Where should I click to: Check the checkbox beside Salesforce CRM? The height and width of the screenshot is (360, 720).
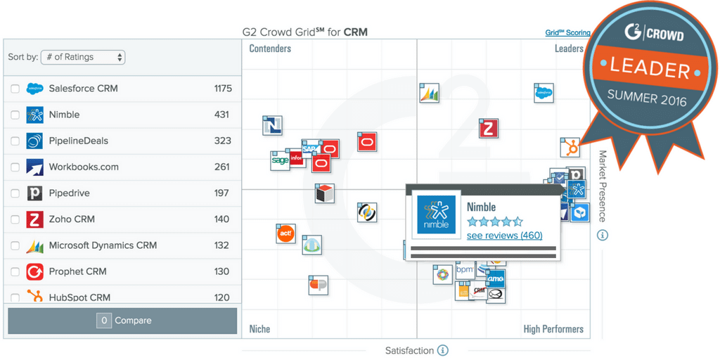click(x=15, y=89)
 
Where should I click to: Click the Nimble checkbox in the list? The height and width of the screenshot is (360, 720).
click(x=15, y=115)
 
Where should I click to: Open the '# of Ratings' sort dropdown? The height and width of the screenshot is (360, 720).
click(x=83, y=57)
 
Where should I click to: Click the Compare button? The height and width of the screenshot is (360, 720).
click(x=122, y=321)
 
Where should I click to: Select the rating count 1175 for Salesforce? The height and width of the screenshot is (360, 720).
click(x=223, y=89)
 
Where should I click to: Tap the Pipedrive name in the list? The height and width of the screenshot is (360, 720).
click(x=69, y=193)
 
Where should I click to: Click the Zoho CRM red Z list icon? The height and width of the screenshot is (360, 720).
click(x=35, y=219)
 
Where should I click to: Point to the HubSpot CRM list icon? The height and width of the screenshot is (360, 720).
click(x=35, y=297)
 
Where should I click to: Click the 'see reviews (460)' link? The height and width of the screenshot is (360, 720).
click(x=504, y=236)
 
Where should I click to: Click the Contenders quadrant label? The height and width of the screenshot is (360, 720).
click(x=270, y=49)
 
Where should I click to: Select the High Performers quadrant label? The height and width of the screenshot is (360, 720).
click(x=553, y=329)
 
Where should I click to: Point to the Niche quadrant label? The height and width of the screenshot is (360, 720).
click(x=259, y=329)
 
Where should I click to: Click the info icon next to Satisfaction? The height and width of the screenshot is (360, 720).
click(x=442, y=350)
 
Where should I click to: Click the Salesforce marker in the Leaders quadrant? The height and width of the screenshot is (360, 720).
click(x=543, y=93)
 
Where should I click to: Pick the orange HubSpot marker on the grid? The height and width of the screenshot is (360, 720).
click(x=570, y=148)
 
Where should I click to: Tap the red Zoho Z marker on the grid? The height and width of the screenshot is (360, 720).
click(x=489, y=129)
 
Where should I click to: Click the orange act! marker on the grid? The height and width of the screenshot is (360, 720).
click(x=285, y=233)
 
